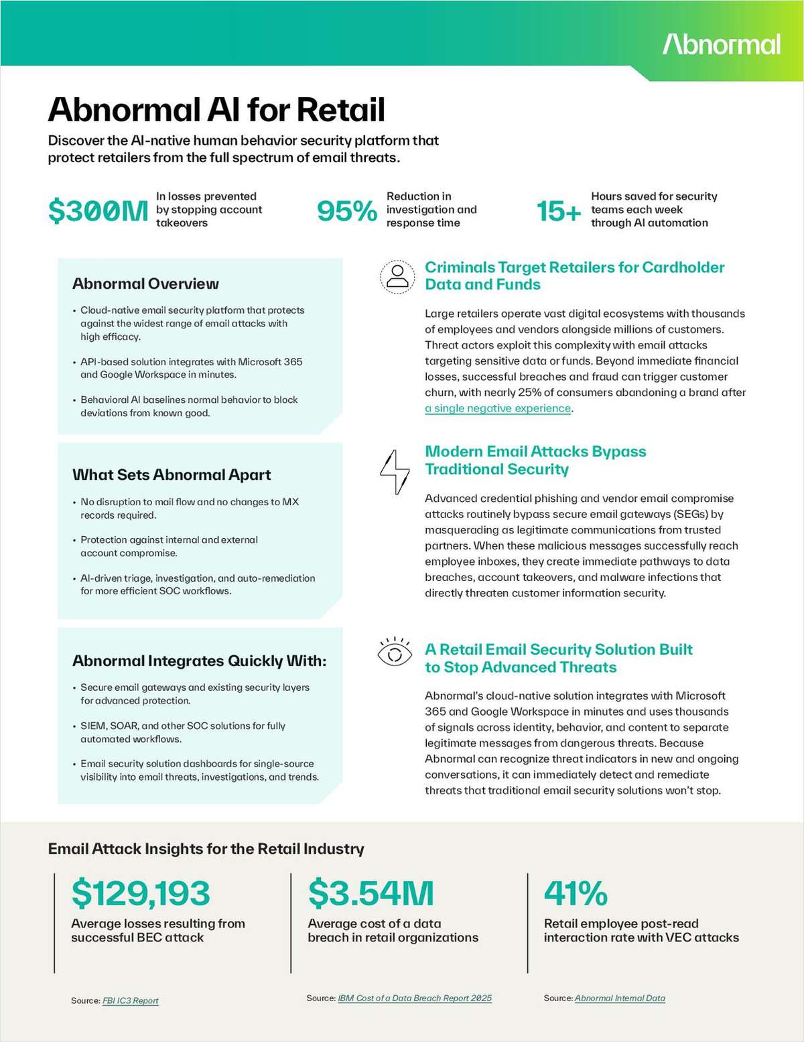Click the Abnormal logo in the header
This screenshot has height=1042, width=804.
click(x=722, y=44)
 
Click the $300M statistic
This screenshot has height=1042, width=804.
click(x=98, y=211)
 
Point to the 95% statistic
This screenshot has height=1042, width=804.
click(x=346, y=211)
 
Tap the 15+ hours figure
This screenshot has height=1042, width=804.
click(x=559, y=211)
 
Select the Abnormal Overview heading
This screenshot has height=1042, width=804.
click(x=145, y=283)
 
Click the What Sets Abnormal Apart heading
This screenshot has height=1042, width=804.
click(x=172, y=474)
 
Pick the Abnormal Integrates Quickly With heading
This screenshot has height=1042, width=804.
click(x=199, y=661)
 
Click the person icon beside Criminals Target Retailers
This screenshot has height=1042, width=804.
click(x=397, y=276)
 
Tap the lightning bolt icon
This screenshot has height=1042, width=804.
click(x=395, y=472)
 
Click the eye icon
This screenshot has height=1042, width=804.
click(x=395, y=652)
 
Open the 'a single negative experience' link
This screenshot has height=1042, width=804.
click(x=498, y=408)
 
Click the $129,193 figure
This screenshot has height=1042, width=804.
click(x=141, y=893)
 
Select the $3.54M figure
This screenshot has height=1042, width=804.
click(x=371, y=893)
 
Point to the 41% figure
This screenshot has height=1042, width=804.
click(x=576, y=893)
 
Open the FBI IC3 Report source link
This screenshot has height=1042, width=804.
click(x=131, y=1000)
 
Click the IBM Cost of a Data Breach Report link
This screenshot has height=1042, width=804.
click(x=415, y=998)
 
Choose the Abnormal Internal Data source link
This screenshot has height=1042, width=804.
click(x=620, y=998)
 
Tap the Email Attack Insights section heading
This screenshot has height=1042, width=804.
click(x=206, y=849)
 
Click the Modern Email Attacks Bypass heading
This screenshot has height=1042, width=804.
click(x=535, y=452)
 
